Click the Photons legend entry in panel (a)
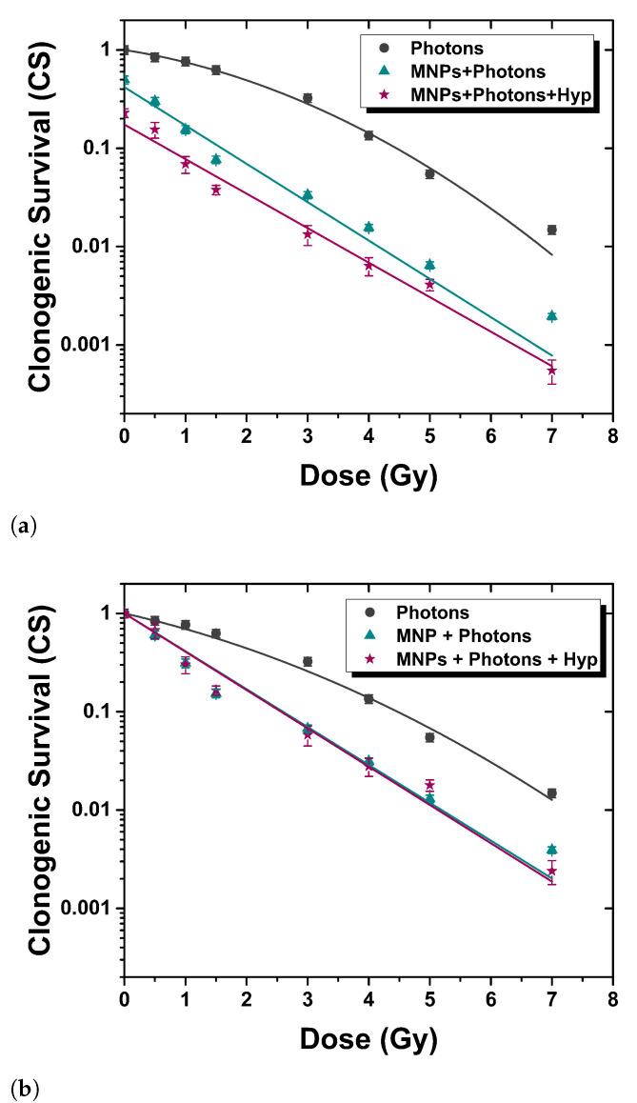pyautogui.click(x=443, y=47)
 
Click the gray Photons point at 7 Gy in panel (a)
pyautogui.click(x=551, y=230)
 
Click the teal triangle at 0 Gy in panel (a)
pyautogui.click(x=125, y=81)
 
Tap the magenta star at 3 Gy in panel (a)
pyautogui.click(x=307, y=234)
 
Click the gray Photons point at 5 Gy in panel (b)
pyautogui.click(x=429, y=737)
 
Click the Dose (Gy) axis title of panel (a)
pyautogui.click(x=368, y=473)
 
